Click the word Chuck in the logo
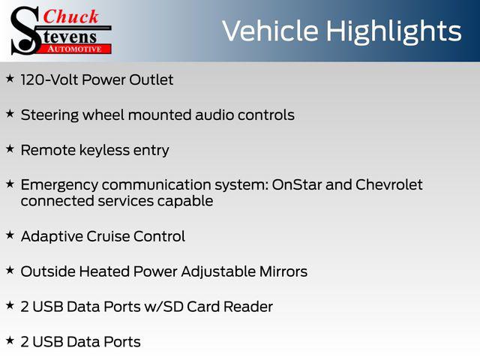(70, 16)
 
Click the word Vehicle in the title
(270, 31)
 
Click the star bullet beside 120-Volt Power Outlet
(10, 78)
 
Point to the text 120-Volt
(49, 80)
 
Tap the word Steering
(49, 115)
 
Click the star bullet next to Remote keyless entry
(10, 148)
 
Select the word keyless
(105, 151)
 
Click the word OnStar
(297, 184)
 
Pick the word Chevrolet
(388, 184)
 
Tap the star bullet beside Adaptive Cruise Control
(10, 235)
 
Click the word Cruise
(108, 236)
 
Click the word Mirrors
(283, 271)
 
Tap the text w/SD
(163, 307)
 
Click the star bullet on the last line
(10, 340)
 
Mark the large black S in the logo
(25, 31)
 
